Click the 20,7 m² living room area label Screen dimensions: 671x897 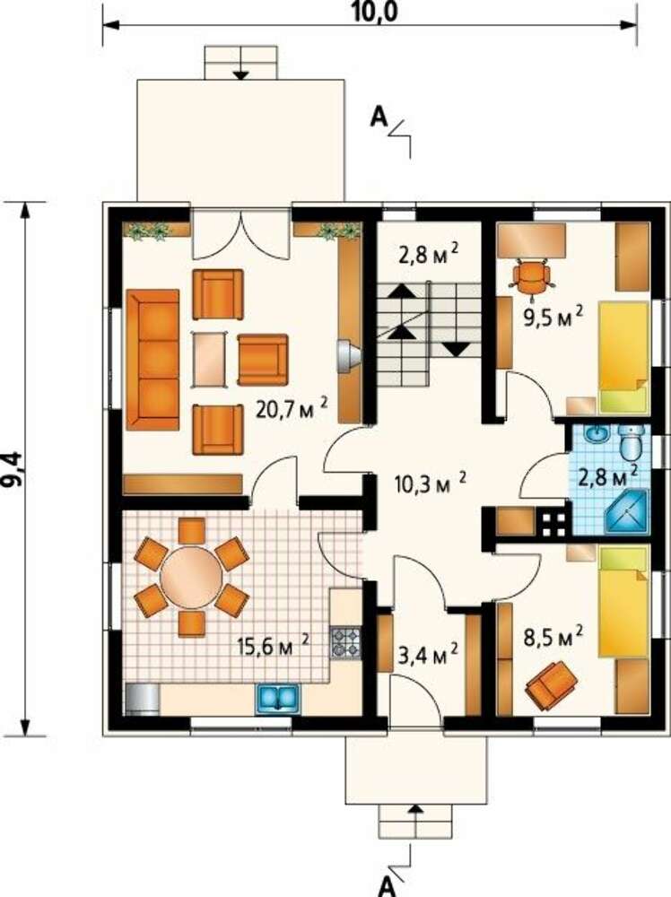(x=292, y=408)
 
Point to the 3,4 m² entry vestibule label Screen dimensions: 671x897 (x=428, y=655)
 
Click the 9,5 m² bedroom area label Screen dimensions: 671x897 (x=553, y=317)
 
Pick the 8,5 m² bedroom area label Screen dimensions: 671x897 (x=553, y=636)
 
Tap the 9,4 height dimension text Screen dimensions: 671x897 (x=13, y=468)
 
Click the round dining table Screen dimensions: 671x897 (x=191, y=579)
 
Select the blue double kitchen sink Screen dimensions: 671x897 (x=279, y=698)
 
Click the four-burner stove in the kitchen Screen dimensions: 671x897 (x=345, y=642)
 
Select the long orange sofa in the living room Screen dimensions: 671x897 (x=152, y=360)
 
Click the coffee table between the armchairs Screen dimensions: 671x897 (x=209, y=360)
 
